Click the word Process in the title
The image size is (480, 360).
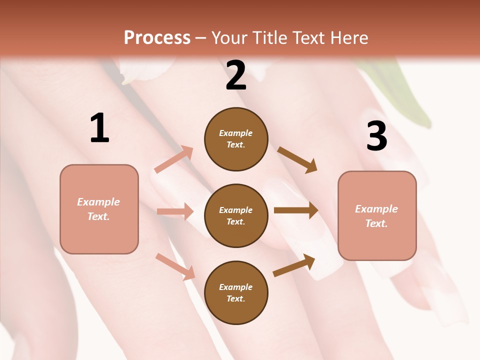157,38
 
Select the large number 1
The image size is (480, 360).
99,128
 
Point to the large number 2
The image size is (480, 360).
236,76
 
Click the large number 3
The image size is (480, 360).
376,136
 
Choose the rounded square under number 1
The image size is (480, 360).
99,209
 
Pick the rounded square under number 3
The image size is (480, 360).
377,216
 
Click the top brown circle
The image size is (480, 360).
236,139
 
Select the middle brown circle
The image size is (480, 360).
236,215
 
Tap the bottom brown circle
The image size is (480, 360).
236,292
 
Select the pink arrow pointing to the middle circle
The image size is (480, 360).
175,211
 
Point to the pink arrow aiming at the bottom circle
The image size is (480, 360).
175,266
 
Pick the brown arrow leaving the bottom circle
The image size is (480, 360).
294,265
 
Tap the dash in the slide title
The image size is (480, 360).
201,38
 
